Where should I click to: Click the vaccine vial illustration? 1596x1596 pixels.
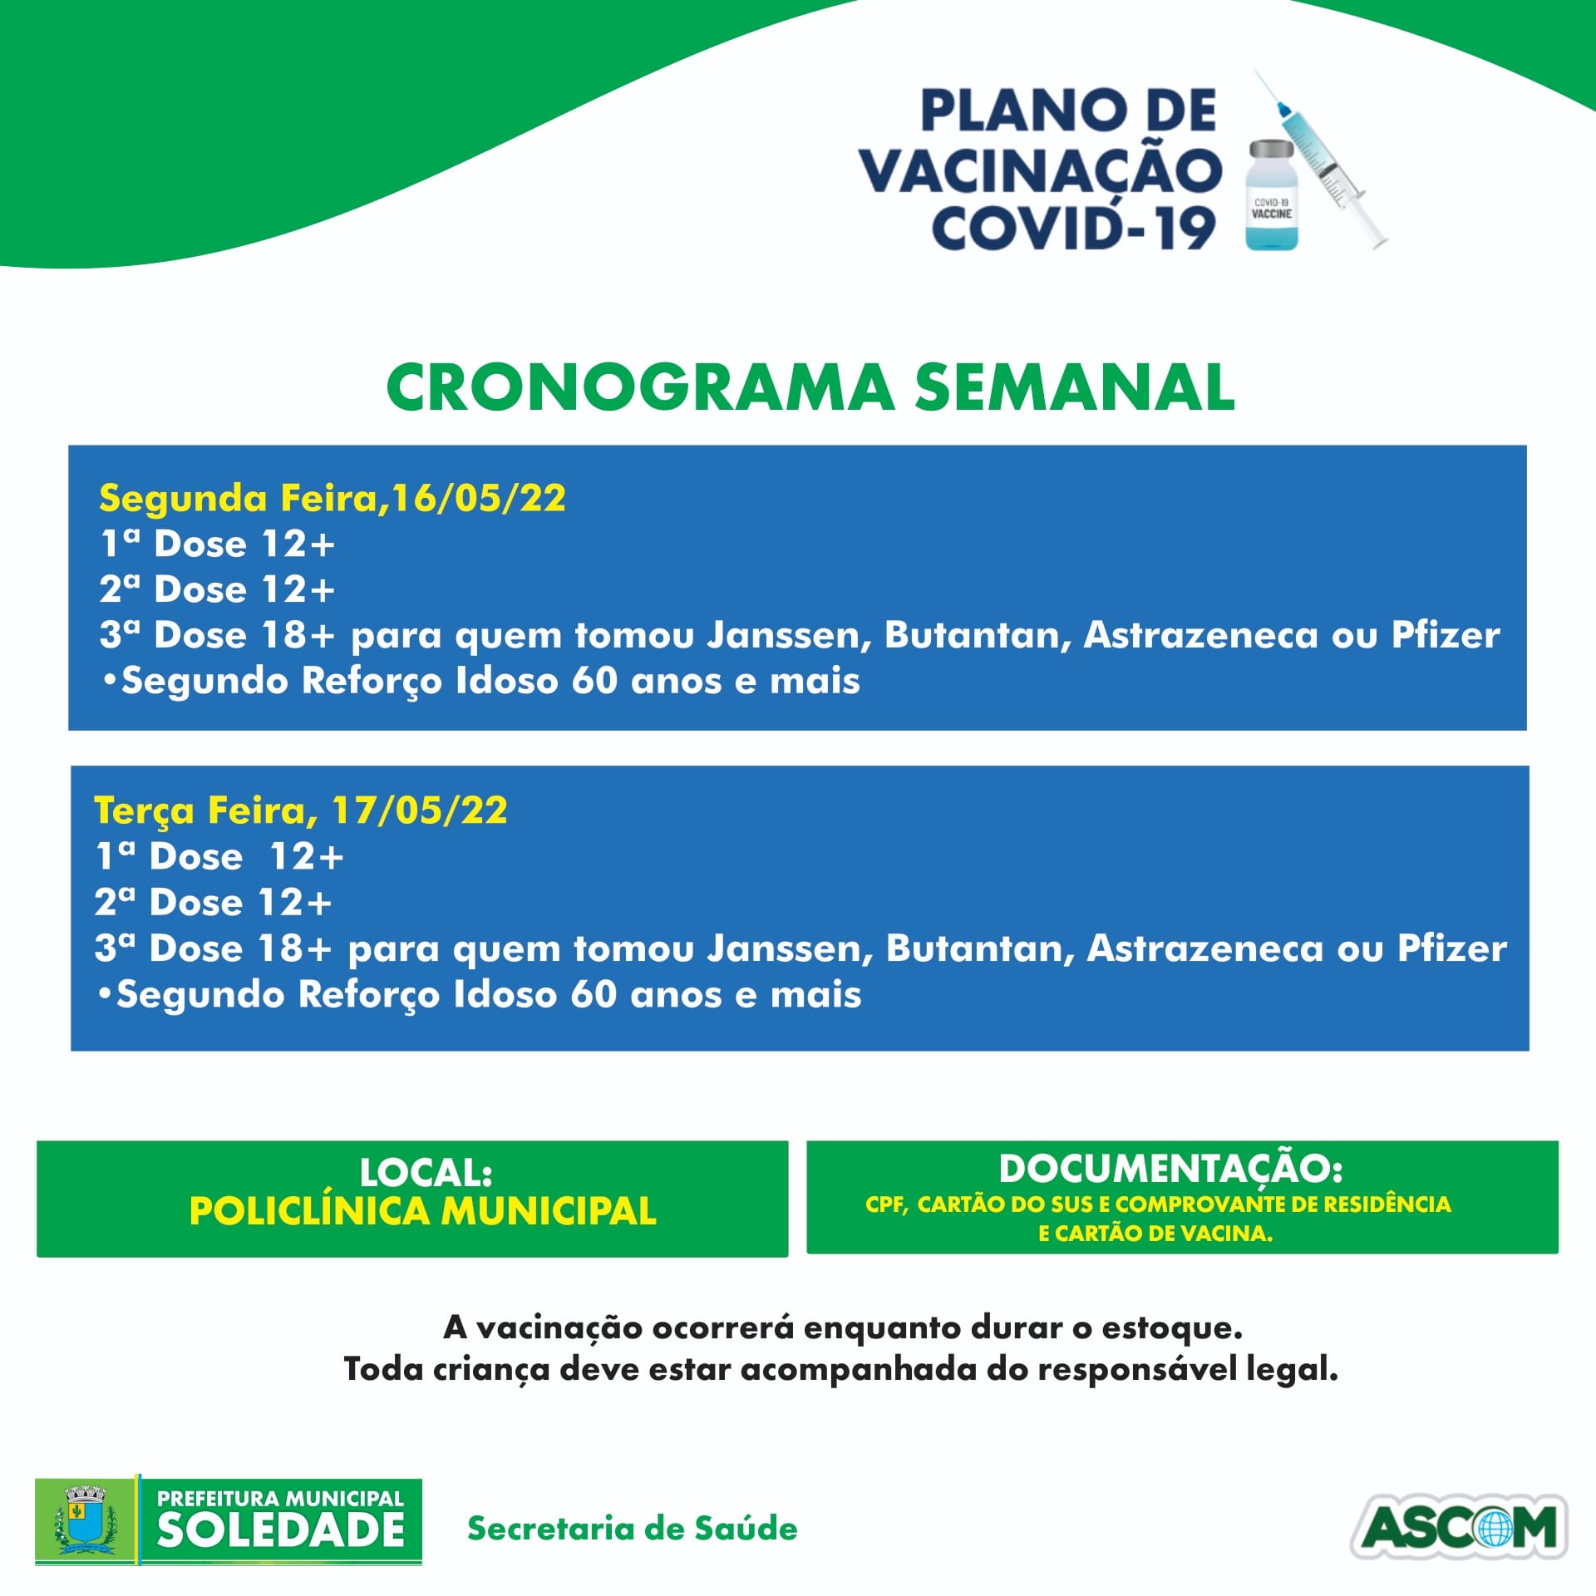(1272, 195)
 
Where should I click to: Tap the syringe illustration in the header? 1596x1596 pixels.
(1322, 159)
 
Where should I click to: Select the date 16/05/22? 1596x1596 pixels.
(479, 498)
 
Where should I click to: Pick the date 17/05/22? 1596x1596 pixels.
(419, 810)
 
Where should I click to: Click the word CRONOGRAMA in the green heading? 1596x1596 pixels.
(640, 388)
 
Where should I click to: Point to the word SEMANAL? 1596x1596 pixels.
(1075, 388)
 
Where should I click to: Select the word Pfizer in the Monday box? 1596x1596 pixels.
(1446, 635)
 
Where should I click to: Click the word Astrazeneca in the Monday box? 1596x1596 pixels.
(1201, 635)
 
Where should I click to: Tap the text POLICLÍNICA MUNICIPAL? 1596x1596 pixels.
(423, 1210)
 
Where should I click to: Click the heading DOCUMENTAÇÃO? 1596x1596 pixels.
(1170, 1169)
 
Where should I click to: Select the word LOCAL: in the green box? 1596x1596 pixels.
(426, 1173)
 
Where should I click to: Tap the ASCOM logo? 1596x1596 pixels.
(1459, 1527)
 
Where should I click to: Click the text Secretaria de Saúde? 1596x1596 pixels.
(632, 1529)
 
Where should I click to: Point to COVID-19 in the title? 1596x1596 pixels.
(1073, 229)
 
